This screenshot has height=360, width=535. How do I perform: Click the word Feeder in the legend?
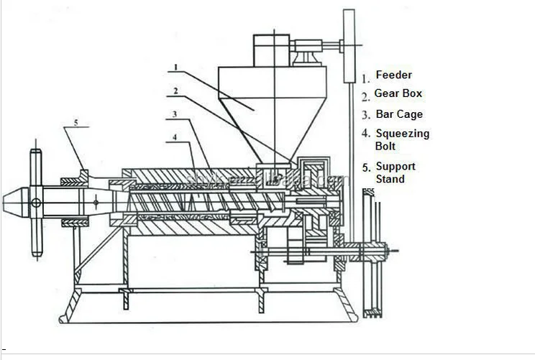pos(394,75)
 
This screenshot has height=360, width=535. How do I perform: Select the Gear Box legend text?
pos(398,93)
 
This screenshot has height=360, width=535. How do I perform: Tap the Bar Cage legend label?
pos(399,114)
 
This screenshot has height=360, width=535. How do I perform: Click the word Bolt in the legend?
pos(385,146)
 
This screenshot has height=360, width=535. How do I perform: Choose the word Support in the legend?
pos(395,167)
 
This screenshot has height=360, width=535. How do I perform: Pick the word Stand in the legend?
pos(390,178)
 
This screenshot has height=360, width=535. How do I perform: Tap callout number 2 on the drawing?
pos(175,91)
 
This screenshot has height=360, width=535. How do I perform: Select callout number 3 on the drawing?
pos(175,114)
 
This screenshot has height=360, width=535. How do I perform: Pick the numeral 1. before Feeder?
pos(365,76)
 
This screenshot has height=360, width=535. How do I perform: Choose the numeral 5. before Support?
pos(366,169)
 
